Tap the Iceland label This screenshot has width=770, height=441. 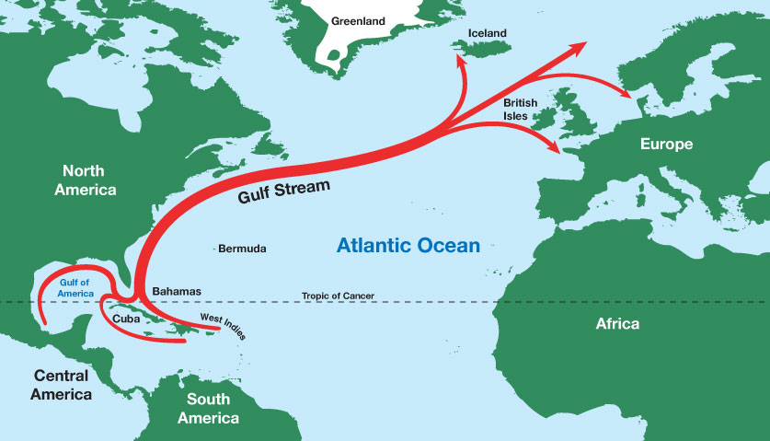click(x=488, y=33)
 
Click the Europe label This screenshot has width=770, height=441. click(x=666, y=145)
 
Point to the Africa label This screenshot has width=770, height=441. click(x=617, y=324)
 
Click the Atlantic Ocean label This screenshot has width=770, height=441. click(x=408, y=246)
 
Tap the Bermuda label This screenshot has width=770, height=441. click(x=242, y=249)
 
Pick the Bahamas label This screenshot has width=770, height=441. click(x=177, y=291)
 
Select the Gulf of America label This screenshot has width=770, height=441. click(x=77, y=287)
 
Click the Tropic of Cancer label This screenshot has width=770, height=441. click(x=338, y=296)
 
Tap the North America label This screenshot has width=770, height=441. click(x=89, y=180)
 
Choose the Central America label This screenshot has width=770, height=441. click(x=61, y=385)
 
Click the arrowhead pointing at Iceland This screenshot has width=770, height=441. click(x=456, y=60)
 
